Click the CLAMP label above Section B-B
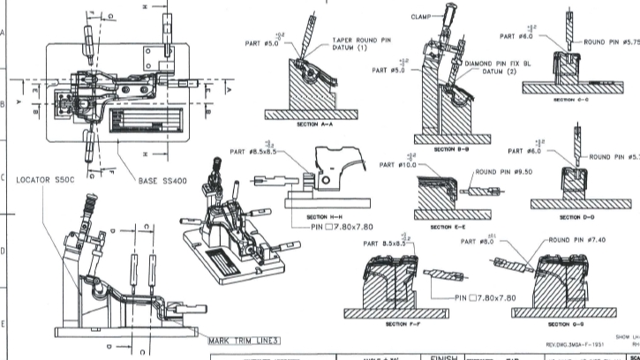422,16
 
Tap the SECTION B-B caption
452,150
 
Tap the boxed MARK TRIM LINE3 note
244,340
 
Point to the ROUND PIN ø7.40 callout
578,239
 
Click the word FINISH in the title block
441,356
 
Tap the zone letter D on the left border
4,251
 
